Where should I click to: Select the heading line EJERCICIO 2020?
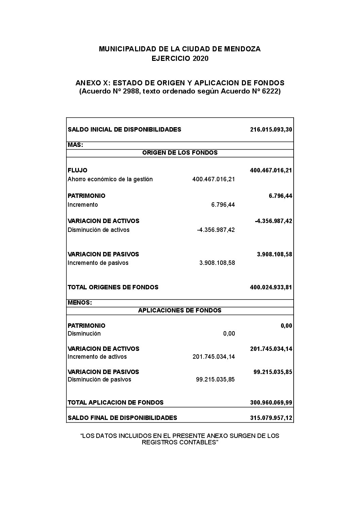[x=180, y=58]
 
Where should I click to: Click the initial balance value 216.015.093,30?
[x=271, y=130]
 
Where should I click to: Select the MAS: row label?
[x=76, y=145]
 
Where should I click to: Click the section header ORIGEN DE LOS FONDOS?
[x=180, y=153]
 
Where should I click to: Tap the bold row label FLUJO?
[x=77, y=170]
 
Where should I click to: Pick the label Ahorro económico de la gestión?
[x=110, y=179]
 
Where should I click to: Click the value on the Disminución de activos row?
[x=216, y=230]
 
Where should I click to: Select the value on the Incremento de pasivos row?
[x=217, y=263]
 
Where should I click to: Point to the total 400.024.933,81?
[x=271, y=287]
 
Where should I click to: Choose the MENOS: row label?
[x=80, y=303]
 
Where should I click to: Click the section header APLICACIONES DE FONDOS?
[x=180, y=310]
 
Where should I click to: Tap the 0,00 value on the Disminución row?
[x=229, y=334]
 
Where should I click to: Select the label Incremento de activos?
[x=97, y=357]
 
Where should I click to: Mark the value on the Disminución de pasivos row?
[x=215, y=379]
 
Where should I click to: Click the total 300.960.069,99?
[x=271, y=403]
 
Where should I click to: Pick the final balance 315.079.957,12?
[x=271, y=418]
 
